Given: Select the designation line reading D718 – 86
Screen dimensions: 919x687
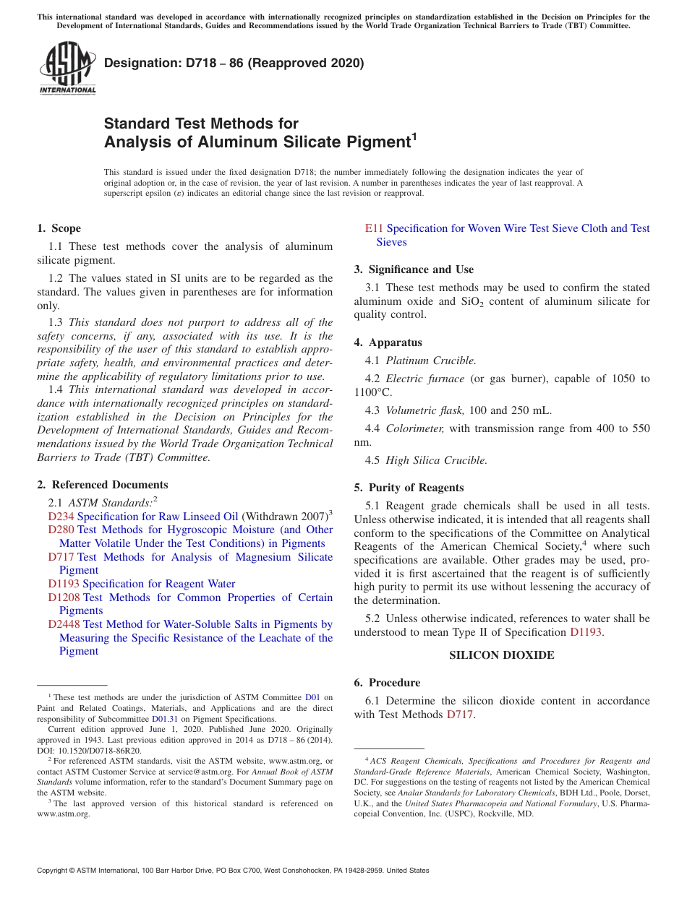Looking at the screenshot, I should pyautogui.click(x=234, y=63).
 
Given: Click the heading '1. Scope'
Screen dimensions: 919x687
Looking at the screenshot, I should pyautogui.click(x=59, y=228).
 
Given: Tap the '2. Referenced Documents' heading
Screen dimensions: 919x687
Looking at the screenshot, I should pyautogui.click(x=102, y=485).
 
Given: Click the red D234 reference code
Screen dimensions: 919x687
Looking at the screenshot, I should pyautogui.click(x=61, y=517).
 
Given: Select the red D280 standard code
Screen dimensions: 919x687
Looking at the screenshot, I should pyautogui.click(x=61, y=530).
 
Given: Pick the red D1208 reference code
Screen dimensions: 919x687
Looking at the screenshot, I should pyautogui.click(x=64, y=597).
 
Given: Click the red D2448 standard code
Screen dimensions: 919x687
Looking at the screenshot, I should pyautogui.click(x=64, y=624).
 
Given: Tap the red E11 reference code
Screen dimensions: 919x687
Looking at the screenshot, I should pyautogui.click(x=373, y=228).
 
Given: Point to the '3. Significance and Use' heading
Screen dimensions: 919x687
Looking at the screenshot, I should pyautogui.click(x=414, y=269).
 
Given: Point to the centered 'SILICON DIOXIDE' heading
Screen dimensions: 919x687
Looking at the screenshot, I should pyautogui.click(x=501, y=655).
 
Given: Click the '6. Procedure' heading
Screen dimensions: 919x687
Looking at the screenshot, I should pyautogui.click(x=387, y=683).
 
